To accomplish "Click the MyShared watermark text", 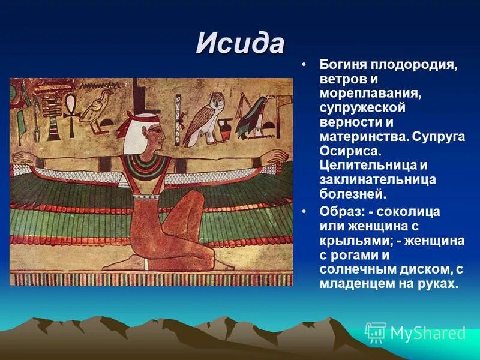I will [x=427, y=333].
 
